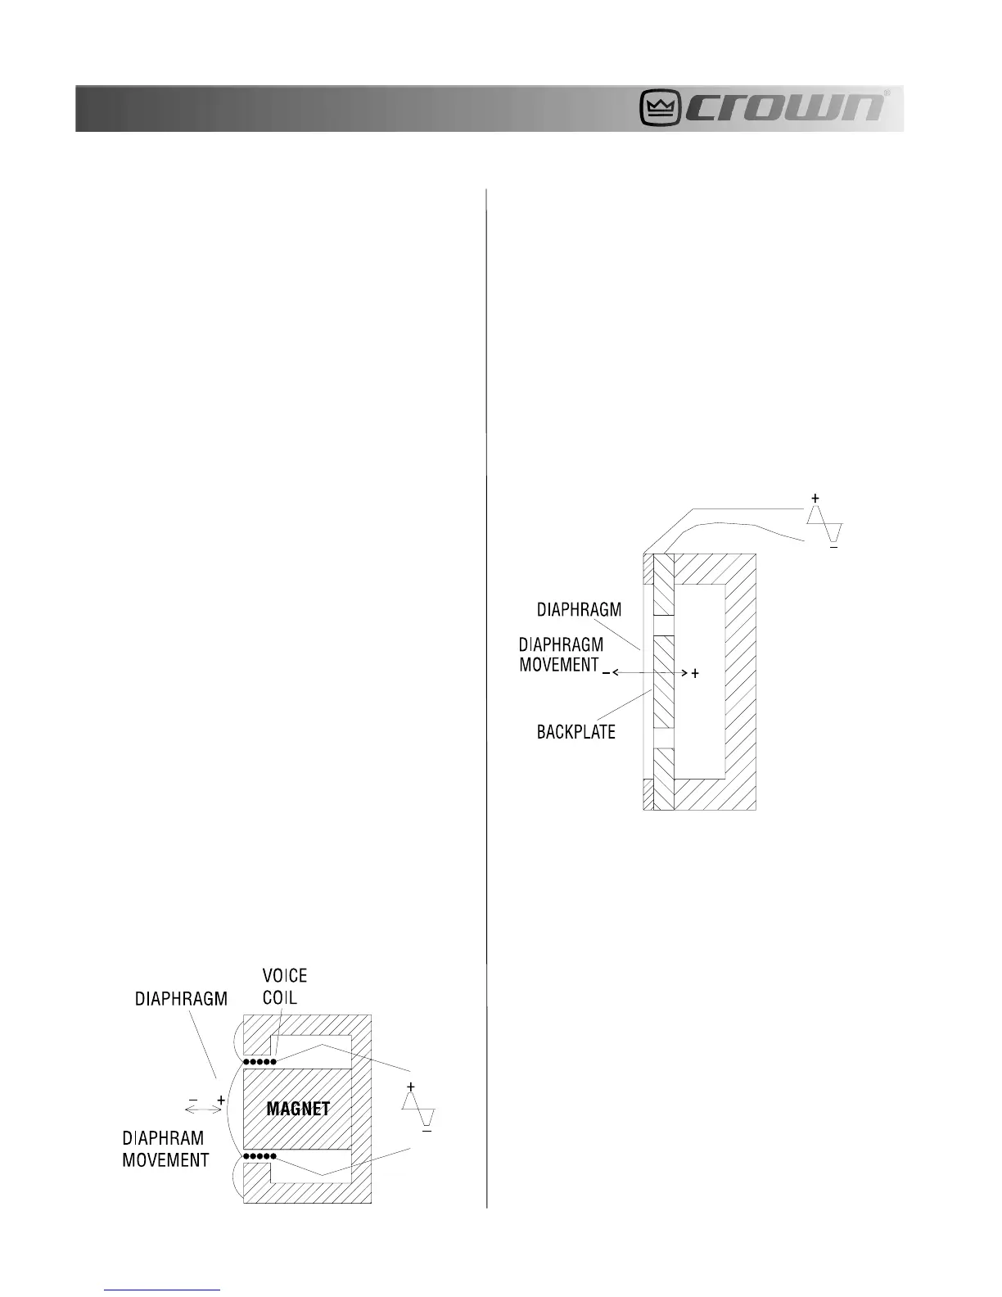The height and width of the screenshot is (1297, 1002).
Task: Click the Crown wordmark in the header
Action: (x=785, y=108)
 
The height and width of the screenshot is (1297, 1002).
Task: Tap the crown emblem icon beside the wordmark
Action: (x=661, y=108)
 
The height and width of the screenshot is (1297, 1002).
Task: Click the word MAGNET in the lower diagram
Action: (x=298, y=1109)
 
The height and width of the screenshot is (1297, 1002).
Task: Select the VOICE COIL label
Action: (x=284, y=987)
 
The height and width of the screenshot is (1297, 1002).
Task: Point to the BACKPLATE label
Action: (x=575, y=733)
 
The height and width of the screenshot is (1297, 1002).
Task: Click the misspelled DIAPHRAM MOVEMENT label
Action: (x=165, y=1149)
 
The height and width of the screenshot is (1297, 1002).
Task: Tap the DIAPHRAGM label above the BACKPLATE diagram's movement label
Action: (x=579, y=610)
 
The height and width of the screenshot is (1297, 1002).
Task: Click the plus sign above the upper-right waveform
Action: (x=815, y=498)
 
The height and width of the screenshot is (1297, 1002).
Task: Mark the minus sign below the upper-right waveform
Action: (x=833, y=547)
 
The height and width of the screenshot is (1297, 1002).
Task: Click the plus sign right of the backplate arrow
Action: (x=695, y=673)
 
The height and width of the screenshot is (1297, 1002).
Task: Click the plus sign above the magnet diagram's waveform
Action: (x=411, y=1086)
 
